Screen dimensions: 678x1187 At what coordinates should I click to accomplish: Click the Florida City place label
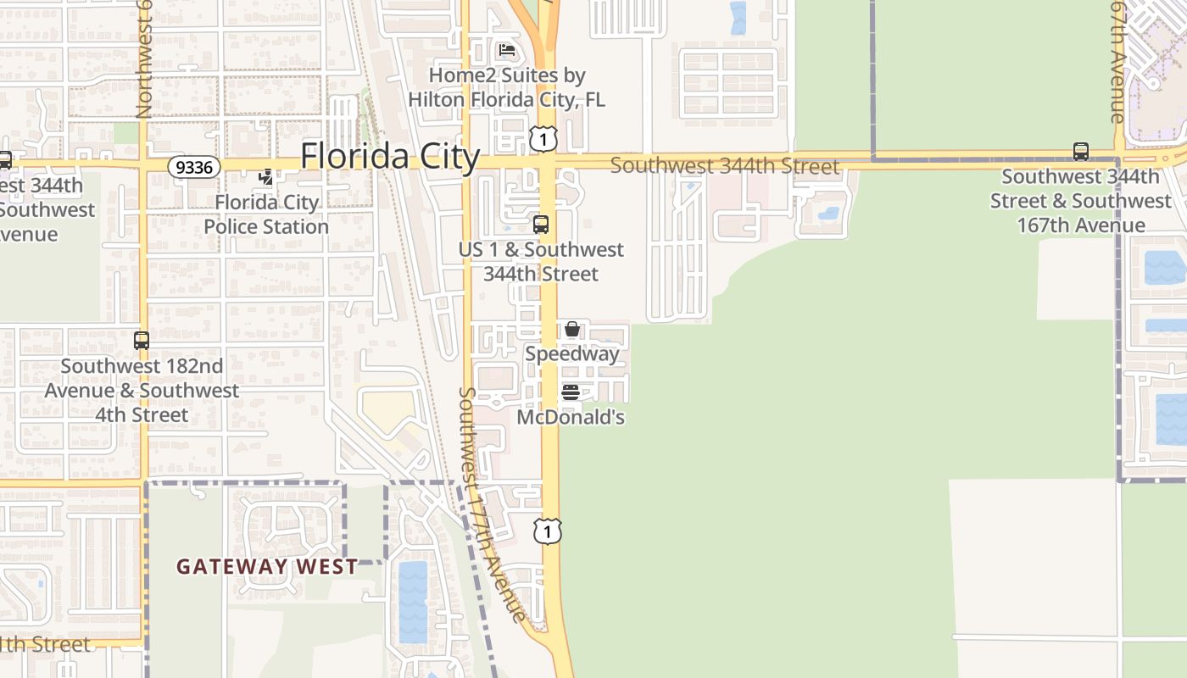coord(390,157)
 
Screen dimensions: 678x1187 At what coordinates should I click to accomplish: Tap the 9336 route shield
coord(194,167)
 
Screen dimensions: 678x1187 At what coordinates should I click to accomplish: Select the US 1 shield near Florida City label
coord(543,139)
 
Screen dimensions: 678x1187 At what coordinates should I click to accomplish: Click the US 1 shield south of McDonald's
coord(548,531)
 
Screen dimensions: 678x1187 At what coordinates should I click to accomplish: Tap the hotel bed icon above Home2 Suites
coord(507,50)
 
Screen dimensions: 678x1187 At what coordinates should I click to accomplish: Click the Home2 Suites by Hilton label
coord(507,87)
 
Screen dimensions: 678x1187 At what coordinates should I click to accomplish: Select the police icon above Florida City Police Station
coord(266,176)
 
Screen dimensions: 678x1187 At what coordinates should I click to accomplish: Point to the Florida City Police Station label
coord(266,214)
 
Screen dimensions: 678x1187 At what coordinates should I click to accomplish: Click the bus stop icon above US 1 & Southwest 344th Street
coord(540,225)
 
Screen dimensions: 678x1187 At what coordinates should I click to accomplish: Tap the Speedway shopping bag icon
coord(572,329)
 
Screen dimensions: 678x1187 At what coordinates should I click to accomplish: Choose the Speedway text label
coord(572,353)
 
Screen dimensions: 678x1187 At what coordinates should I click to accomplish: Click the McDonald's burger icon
coord(571,392)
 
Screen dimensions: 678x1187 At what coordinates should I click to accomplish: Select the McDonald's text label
coord(571,417)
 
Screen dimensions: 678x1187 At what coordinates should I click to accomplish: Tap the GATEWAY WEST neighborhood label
coord(267,567)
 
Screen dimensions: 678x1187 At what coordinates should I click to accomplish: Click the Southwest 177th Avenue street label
coord(493,504)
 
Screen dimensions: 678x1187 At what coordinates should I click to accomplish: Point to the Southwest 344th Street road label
coord(725,166)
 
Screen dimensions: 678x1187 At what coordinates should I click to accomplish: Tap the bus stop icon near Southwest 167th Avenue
coord(1081,152)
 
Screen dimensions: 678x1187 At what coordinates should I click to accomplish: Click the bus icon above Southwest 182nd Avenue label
coord(142,341)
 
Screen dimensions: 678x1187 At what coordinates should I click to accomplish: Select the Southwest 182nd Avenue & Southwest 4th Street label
coord(142,391)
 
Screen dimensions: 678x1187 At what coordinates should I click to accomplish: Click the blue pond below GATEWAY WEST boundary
coord(413,601)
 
